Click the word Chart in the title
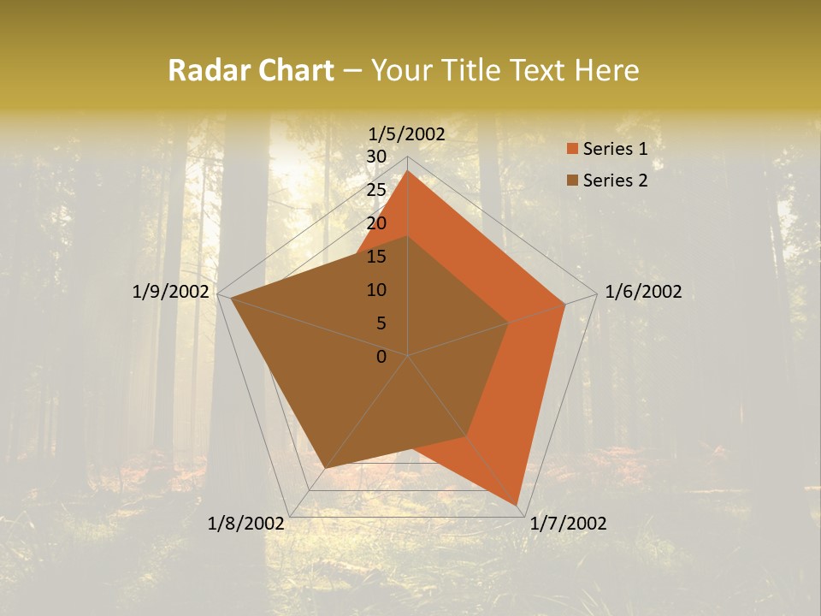click(293, 70)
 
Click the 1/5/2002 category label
click(407, 133)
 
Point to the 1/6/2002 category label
click(643, 292)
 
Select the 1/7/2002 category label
click(568, 524)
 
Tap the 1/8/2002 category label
click(246, 524)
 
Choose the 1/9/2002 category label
click(171, 292)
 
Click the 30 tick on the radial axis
click(376, 157)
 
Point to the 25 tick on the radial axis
click(376, 190)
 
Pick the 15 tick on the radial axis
click(376, 257)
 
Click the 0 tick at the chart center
click(381, 357)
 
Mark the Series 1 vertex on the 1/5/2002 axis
click(408, 170)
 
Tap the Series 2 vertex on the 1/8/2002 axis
click(325, 468)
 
